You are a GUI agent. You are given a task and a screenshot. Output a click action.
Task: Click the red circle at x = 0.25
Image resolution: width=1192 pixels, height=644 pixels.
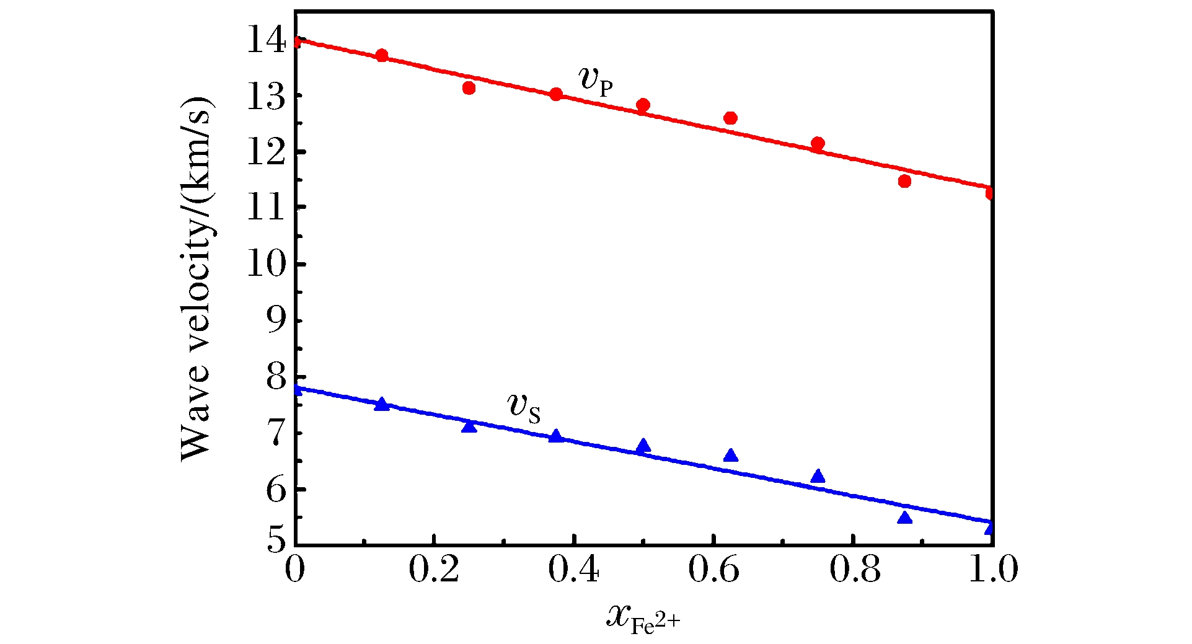(469, 88)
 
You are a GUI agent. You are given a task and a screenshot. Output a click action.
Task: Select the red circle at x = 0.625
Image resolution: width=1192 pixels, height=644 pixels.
(730, 118)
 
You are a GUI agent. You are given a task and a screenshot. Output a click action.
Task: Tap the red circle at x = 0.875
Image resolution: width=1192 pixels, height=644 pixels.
(904, 181)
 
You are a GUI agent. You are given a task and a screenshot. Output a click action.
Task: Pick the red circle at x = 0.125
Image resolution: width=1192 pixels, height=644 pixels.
(382, 55)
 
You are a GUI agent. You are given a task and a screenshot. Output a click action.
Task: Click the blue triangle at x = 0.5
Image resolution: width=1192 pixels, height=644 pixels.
(643, 446)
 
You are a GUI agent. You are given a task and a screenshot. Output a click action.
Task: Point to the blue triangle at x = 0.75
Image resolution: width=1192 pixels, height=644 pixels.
(818, 476)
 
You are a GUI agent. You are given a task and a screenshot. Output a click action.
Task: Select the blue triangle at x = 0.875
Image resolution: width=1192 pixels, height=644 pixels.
(904, 518)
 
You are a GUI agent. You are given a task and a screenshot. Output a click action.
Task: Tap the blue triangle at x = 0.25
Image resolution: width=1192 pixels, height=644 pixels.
(469, 426)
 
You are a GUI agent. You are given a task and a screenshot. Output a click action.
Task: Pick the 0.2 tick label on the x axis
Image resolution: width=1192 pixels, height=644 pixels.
(434, 569)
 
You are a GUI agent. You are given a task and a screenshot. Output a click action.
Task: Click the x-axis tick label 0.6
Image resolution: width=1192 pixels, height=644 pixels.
(713, 569)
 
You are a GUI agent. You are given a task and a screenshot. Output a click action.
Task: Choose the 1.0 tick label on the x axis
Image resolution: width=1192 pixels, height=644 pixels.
(993, 569)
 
